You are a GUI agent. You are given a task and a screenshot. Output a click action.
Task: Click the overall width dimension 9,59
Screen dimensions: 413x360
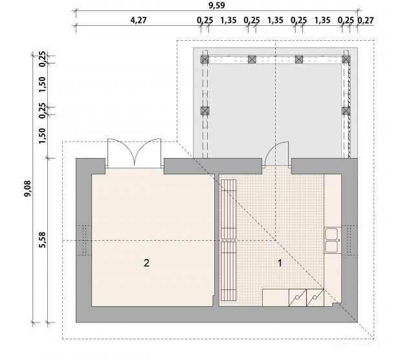[x=216, y=5]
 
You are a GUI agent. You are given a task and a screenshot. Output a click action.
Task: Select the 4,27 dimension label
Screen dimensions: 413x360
[x=139, y=20]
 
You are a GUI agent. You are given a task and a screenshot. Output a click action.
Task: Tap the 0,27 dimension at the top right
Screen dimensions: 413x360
[x=366, y=20]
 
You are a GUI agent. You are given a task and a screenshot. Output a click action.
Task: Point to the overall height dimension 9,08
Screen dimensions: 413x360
[x=28, y=188]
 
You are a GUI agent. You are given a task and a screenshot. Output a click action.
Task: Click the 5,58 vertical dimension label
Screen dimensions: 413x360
[x=42, y=240]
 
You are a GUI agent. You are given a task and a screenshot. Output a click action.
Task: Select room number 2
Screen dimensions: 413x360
[x=146, y=263]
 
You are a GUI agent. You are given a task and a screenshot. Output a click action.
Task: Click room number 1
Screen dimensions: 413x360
[x=280, y=263]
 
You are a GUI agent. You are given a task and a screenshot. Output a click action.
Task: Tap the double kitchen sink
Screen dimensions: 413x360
[x=333, y=240]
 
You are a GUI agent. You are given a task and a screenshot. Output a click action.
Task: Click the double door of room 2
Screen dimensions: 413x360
[x=135, y=153]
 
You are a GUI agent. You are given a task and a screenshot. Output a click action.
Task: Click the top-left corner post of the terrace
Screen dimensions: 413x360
[x=205, y=60]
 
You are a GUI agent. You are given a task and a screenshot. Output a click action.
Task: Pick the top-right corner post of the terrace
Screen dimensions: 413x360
[x=346, y=60]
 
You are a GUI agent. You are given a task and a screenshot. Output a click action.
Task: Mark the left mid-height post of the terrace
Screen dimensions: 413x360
[x=205, y=111]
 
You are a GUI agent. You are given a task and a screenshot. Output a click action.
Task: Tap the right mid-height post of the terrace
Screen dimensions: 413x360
[x=346, y=111]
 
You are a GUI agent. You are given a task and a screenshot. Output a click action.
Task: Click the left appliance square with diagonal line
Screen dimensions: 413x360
[x=298, y=298]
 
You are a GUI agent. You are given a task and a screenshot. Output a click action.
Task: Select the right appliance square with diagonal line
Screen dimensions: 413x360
[x=315, y=298]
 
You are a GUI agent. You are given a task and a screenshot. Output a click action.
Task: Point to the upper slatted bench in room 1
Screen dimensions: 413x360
[x=229, y=209]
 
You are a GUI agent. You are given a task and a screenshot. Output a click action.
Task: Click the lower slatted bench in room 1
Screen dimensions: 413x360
[x=229, y=271]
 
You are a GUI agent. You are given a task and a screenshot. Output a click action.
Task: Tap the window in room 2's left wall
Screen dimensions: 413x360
[x=84, y=240]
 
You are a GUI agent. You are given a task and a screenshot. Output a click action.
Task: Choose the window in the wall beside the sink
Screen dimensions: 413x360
[x=350, y=240]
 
